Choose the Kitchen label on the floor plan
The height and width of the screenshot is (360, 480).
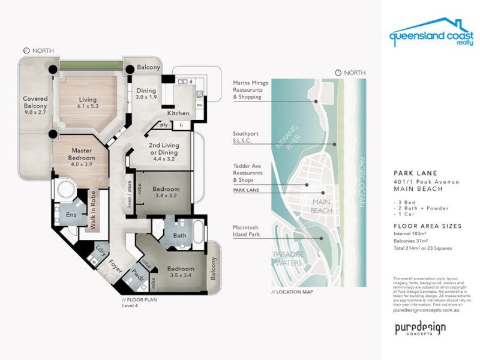click(178, 113)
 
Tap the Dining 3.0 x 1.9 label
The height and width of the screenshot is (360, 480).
click(146, 93)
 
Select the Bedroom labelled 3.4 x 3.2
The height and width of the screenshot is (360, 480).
click(166, 191)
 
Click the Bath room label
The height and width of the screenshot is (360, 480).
click(179, 236)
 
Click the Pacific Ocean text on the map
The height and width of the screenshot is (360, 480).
click(362, 182)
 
